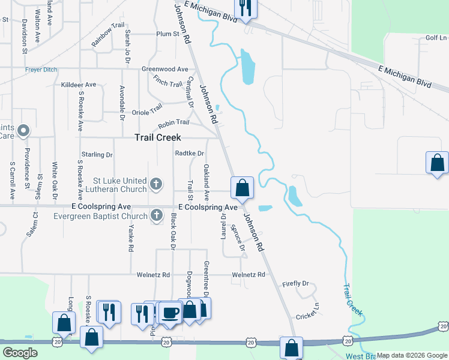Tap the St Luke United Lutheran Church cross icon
point(156,184)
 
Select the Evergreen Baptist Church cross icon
point(157,215)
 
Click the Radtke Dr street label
point(190,153)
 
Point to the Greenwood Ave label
point(164,69)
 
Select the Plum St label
point(167,34)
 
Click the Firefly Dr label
point(297,283)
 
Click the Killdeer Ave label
point(79,85)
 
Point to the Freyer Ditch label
point(41,70)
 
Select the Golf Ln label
point(436,38)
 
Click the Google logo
point(20,353)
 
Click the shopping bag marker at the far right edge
point(437,163)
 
